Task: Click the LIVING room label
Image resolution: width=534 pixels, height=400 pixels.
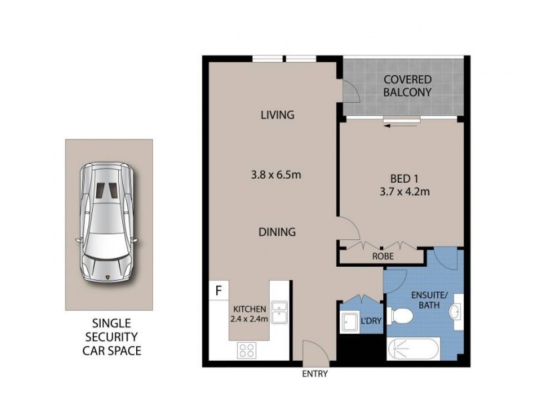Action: [277, 115]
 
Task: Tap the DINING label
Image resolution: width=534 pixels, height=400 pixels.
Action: [277, 232]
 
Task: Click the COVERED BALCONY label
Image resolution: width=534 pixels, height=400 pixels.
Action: [407, 86]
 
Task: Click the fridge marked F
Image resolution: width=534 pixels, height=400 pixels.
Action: [218, 291]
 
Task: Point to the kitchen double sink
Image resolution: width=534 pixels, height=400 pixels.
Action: [279, 312]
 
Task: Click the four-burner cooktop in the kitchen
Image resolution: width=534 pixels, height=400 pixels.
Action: [246, 349]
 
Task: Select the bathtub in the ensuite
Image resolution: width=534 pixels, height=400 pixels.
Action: [413, 349]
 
